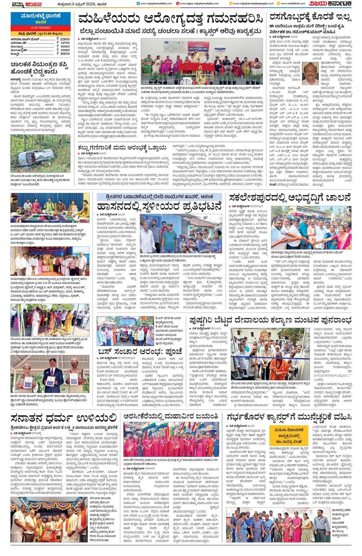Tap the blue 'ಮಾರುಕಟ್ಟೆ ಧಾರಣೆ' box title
point(40,16)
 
